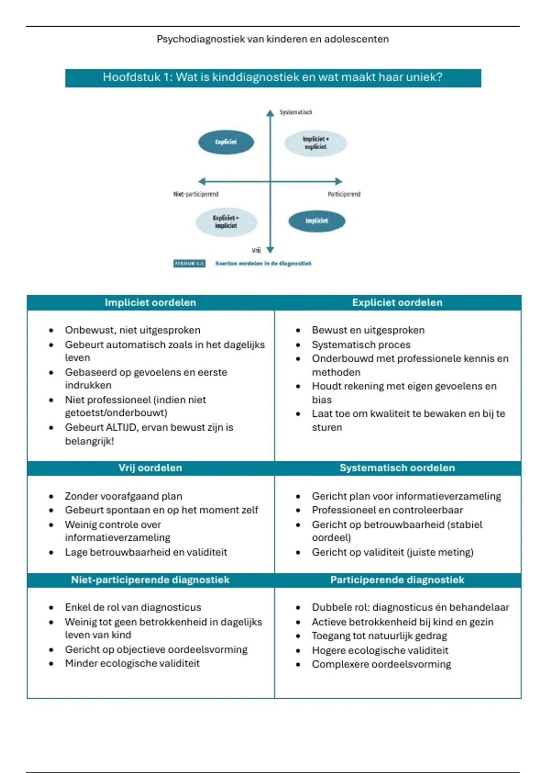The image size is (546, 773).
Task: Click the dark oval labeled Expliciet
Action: (226, 142)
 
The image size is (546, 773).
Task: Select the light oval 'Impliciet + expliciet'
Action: (315, 143)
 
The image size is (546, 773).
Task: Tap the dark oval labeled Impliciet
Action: (317, 221)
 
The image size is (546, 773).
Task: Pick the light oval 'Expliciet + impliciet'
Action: (226, 222)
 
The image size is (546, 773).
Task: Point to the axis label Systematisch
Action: (296, 112)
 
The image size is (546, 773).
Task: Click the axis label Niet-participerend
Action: (196, 194)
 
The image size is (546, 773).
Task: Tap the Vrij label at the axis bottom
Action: (256, 250)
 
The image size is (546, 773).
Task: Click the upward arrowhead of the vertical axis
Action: (270, 113)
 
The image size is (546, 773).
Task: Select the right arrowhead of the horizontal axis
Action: (339, 181)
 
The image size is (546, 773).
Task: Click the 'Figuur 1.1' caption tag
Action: (189, 263)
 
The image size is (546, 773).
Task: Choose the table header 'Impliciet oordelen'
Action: (150, 303)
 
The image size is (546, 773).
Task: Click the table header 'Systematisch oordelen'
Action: (397, 468)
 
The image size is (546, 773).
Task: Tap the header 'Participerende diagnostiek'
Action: (397, 580)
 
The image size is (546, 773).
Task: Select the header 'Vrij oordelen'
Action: (150, 468)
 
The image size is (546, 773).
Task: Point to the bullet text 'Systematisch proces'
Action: (361, 345)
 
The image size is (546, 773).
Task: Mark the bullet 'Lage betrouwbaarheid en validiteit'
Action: (146, 552)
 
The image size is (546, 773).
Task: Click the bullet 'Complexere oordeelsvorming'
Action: (381, 664)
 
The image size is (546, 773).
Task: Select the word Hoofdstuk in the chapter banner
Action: (131, 77)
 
